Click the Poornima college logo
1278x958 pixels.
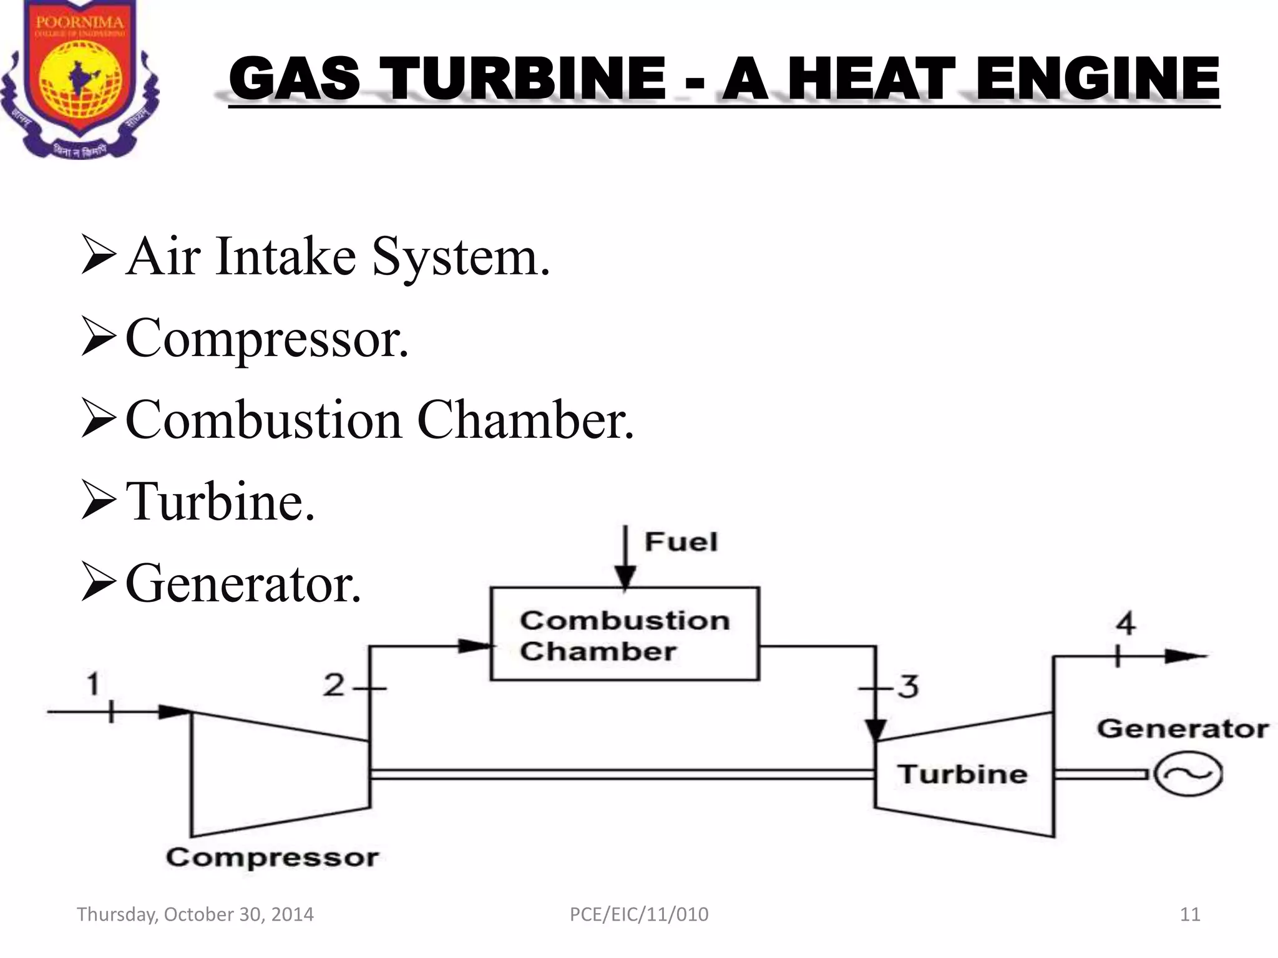(x=79, y=78)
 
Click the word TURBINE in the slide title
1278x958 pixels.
(x=524, y=79)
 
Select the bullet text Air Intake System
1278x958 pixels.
(x=338, y=256)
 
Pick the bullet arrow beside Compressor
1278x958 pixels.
(x=99, y=339)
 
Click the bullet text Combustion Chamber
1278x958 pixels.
(x=379, y=420)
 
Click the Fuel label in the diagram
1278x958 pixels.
(x=681, y=541)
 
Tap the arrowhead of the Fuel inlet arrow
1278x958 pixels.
(x=625, y=576)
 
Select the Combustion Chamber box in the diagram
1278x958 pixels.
(x=625, y=634)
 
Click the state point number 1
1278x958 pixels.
(x=93, y=684)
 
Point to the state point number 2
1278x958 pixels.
(x=334, y=685)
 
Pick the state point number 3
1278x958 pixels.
(x=908, y=687)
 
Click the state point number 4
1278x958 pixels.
(x=1125, y=623)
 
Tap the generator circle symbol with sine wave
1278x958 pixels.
(x=1188, y=774)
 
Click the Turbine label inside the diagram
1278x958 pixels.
(x=963, y=774)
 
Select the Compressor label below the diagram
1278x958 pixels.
(x=272, y=858)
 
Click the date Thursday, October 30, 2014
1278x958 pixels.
(x=195, y=914)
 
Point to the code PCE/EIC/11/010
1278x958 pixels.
(x=639, y=914)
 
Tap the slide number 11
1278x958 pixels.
(x=1190, y=914)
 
